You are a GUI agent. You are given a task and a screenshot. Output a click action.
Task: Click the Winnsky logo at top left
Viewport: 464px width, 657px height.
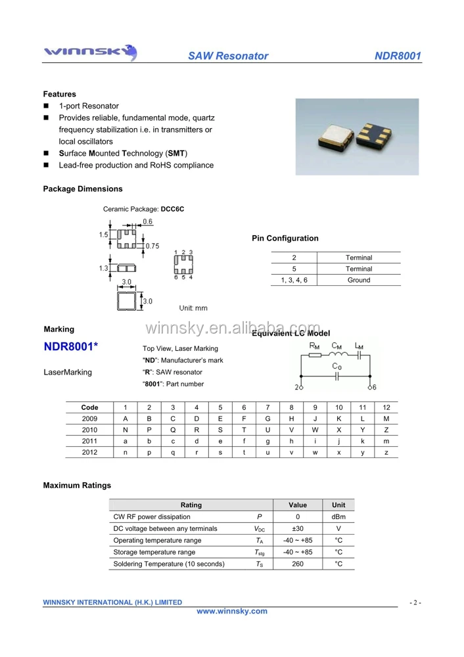tap(89, 52)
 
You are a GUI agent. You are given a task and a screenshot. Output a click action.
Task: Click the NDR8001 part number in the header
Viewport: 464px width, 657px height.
tap(397, 56)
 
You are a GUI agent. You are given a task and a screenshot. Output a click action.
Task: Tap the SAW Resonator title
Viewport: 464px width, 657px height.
tap(228, 56)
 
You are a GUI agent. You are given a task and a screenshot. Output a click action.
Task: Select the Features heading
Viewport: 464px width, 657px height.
tap(59, 94)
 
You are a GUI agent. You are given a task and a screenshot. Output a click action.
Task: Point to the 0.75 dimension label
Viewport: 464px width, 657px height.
tap(152, 246)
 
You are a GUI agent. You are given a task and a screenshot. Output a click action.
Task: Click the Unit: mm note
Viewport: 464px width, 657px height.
tap(193, 307)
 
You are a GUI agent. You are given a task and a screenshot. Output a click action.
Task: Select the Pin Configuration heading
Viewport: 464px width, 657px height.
tap(285, 238)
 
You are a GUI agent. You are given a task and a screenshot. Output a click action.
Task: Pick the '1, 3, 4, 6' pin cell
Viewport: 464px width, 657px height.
tap(294, 280)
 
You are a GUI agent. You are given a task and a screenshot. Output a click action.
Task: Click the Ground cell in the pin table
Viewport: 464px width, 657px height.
tap(359, 280)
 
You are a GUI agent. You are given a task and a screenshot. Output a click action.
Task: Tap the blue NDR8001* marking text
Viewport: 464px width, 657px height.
tap(71, 347)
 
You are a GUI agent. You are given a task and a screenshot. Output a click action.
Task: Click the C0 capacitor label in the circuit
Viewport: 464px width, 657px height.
tap(336, 366)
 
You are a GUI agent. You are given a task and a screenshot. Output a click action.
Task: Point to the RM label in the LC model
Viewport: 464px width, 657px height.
tap(314, 346)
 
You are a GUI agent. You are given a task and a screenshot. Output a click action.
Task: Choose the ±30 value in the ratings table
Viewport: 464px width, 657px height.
tap(297, 528)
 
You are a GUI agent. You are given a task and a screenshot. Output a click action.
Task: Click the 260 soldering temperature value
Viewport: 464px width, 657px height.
tap(297, 564)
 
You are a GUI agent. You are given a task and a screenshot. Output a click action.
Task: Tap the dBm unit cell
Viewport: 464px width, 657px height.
tap(338, 516)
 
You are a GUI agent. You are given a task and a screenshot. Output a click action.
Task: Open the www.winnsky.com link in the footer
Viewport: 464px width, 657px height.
tap(232, 611)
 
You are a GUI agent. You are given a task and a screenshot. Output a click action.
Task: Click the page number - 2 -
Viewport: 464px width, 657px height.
tap(415, 602)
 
